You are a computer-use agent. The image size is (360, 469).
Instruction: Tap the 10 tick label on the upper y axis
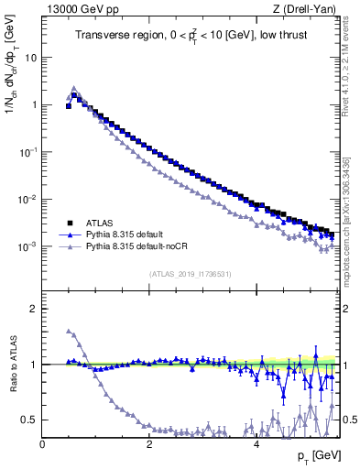click(29, 57)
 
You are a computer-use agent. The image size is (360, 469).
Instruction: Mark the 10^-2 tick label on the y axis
click(27, 200)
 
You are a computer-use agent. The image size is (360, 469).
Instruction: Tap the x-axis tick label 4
click(256, 445)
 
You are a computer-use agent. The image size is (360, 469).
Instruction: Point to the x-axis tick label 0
click(42, 445)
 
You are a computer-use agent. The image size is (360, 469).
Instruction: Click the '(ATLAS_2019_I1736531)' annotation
click(190, 274)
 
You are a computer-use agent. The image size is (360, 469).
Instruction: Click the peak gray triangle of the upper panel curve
click(74, 89)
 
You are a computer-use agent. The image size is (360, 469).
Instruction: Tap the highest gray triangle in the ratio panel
click(69, 331)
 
